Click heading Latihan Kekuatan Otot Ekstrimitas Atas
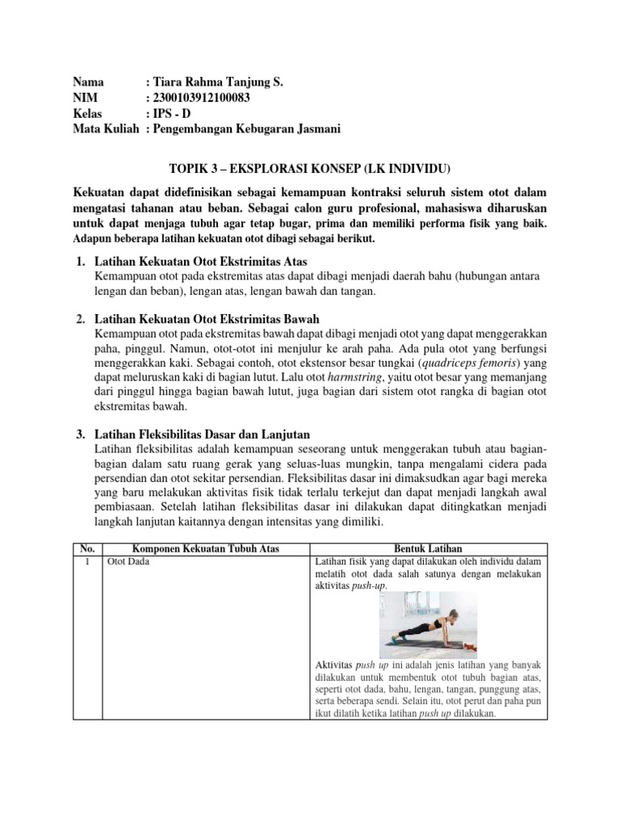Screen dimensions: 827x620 click(201, 262)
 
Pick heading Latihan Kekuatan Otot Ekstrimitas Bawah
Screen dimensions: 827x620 click(207, 320)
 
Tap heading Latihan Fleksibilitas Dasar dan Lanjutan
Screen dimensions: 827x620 click(203, 435)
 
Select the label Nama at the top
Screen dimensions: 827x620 click(88, 82)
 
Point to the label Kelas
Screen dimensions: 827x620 click(88, 113)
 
